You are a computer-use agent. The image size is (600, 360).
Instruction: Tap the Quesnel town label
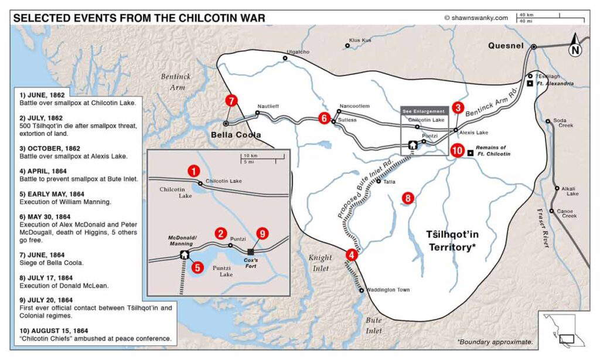click(507, 46)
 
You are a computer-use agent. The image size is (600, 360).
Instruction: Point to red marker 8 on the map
click(408, 198)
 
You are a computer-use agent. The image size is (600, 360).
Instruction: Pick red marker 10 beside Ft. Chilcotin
click(458, 150)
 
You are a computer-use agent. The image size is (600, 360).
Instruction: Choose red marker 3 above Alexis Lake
click(458, 108)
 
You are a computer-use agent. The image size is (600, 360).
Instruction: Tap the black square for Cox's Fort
click(251, 252)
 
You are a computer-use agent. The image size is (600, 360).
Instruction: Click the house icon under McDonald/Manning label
click(185, 254)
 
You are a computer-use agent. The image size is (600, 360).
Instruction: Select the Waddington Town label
click(388, 290)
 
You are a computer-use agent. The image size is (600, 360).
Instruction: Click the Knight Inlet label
click(320, 263)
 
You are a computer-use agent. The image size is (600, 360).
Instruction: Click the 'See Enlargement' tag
click(423, 110)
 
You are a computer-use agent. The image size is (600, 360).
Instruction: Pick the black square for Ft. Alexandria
click(529, 84)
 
